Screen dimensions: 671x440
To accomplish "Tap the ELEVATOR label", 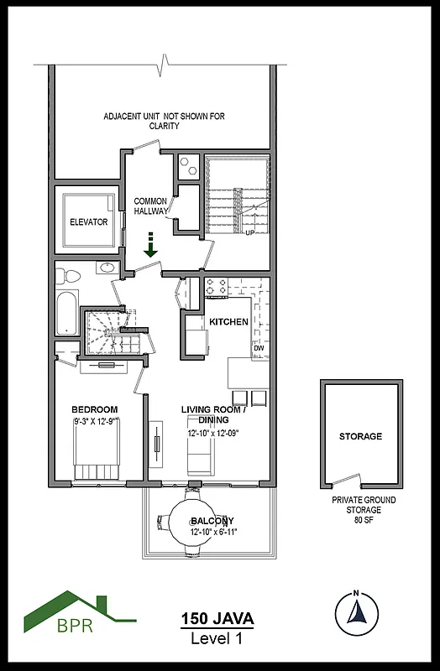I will (88, 222).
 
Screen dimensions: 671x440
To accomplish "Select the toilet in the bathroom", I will (71, 274).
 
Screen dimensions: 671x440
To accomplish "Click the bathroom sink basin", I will (107, 269).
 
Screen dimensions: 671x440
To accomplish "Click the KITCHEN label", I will (228, 322).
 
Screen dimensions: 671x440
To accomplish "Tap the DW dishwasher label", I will (259, 347).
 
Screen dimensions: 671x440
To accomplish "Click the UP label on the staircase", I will (249, 233).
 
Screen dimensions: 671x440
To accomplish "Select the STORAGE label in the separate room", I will (360, 436).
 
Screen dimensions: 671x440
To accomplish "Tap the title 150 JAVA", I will (217, 619).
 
